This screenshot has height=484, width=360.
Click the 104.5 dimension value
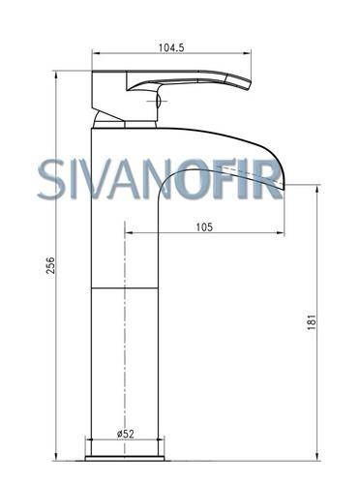coord(171,47)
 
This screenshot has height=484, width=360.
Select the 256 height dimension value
coord(50,265)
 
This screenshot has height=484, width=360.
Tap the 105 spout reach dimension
coord(204,227)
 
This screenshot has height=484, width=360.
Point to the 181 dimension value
coord(311,321)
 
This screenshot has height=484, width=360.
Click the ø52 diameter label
coord(125,434)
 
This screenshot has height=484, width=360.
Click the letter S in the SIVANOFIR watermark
coord(51,179)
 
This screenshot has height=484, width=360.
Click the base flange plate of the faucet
coord(125,458)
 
